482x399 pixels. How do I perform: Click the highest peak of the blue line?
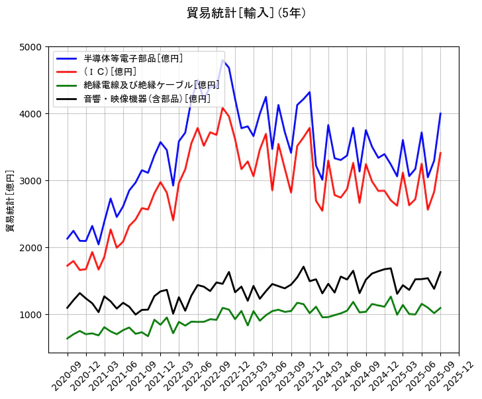tap(222, 60)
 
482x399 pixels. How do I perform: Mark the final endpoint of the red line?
tap(440, 153)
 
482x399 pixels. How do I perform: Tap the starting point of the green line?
tap(68, 339)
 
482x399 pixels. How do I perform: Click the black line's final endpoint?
tap(440, 272)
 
